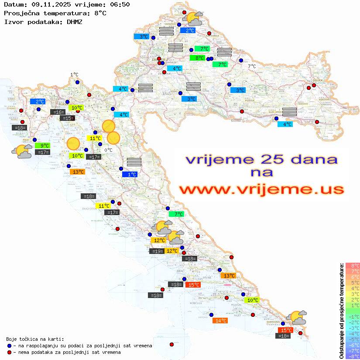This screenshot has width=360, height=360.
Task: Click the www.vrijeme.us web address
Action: (261, 190)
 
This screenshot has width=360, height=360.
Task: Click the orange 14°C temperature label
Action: (220, 321)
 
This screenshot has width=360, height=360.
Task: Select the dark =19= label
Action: (157, 251)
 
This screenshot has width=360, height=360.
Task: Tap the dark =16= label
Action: (58, 112)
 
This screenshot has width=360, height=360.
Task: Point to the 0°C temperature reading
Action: (108, 150)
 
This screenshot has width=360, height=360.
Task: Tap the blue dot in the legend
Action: (9, 346)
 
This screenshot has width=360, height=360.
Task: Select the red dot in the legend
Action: (9, 352)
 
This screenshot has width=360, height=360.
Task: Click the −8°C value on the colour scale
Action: (352, 356)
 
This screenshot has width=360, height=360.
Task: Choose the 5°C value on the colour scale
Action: (352, 282)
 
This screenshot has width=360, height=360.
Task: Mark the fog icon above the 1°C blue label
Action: (134, 162)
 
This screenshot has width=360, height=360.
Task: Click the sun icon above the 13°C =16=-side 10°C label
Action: (73, 143)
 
